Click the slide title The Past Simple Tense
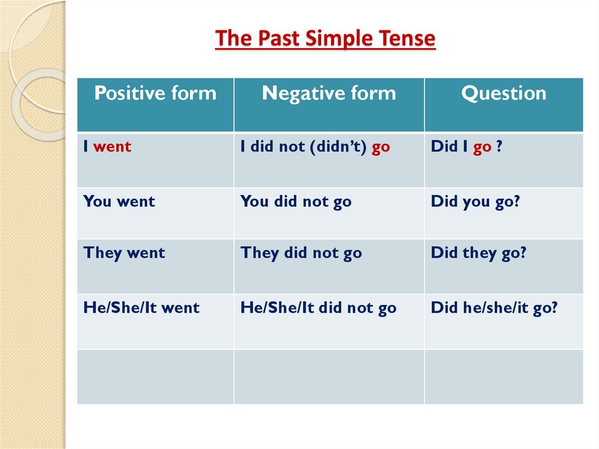(x=325, y=39)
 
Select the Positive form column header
(x=155, y=93)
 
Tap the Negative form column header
(x=329, y=93)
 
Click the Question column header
(x=504, y=93)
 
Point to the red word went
(x=112, y=146)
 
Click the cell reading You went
(x=119, y=201)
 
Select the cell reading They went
(x=125, y=253)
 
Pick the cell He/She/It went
(x=142, y=307)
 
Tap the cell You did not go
(x=296, y=201)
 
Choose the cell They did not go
(x=301, y=253)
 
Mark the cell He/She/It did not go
(x=318, y=307)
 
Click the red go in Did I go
(x=482, y=147)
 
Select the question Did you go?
(x=476, y=201)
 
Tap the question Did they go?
(x=479, y=253)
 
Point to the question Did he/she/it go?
(x=494, y=307)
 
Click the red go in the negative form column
(x=381, y=147)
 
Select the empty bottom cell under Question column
(x=504, y=376)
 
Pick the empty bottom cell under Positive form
(x=155, y=376)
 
